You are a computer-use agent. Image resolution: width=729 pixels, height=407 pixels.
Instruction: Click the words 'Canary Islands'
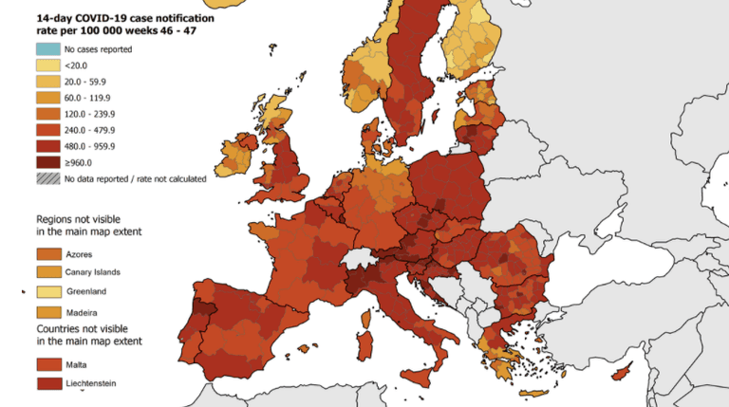click(93, 272)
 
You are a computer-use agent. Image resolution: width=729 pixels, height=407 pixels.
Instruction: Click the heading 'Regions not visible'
click(80, 217)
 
